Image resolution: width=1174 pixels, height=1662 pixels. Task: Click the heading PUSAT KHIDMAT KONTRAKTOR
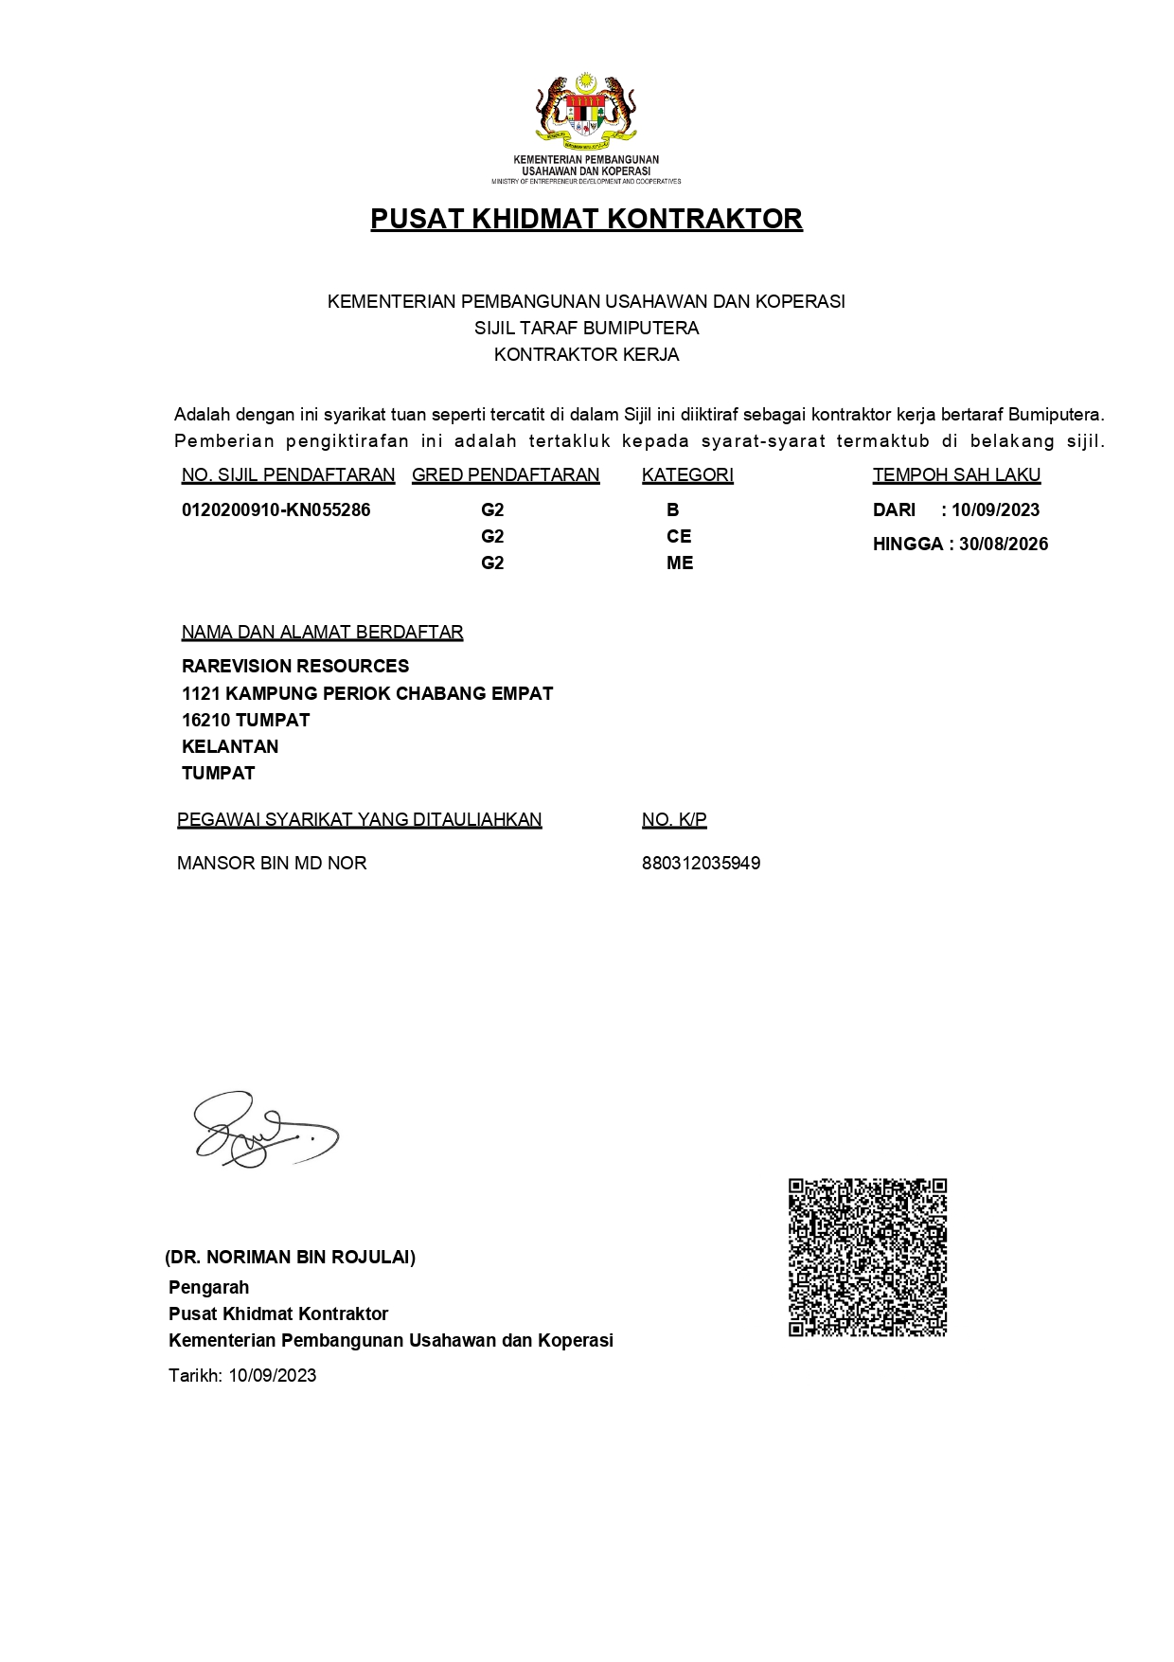pos(586,219)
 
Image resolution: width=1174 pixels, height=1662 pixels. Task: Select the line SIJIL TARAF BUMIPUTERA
pos(586,329)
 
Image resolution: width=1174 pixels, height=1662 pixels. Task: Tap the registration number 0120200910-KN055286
pos(276,510)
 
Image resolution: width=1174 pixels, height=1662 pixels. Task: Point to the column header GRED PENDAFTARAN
pos(506,475)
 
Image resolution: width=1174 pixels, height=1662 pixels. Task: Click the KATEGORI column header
pos(687,475)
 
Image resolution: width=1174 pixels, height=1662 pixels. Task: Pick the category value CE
pos(679,537)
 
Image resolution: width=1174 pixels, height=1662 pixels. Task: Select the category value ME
pos(680,563)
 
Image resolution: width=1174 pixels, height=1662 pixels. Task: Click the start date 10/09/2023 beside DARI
pos(995,510)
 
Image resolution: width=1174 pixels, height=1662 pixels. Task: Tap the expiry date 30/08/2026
pos(1004,545)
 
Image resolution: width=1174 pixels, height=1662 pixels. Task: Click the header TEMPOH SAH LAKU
pos(956,475)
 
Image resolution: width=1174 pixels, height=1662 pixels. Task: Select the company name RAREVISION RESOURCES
pos(295,667)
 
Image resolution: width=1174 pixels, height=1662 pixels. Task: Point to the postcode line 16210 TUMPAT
pos(245,721)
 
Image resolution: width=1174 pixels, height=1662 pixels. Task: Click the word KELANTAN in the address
pos(230,747)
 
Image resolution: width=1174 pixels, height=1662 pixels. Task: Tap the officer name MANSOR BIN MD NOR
pos(272,864)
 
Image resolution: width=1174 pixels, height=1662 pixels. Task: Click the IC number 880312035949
pos(701,864)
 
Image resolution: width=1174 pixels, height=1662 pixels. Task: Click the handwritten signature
pos(263,1130)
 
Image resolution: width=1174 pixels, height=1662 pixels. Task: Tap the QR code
pos(867,1258)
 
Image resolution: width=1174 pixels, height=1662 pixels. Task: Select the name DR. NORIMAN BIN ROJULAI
pos(290,1258)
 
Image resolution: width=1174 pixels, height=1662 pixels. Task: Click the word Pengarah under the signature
pos(209,1288)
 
